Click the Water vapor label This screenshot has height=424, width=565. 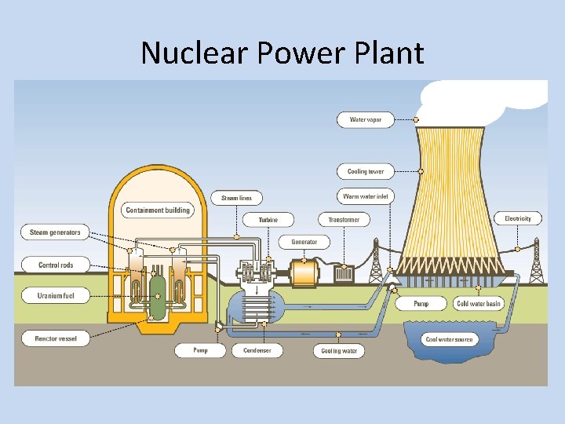[x=365, y=120]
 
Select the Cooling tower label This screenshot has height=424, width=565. [x=366, y=171]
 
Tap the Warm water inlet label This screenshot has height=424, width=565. [x=366, y=196]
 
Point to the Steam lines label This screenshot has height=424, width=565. [x=236, y=199]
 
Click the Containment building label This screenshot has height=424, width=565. [x=157, y=210]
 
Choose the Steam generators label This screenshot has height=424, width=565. [x=55, y=232]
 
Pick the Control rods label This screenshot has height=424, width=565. [x=55, y=265]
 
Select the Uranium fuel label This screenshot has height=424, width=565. [x=55, y=296]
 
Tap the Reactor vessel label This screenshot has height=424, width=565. [x=55, y=339]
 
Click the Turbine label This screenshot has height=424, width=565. [x=268, y=220]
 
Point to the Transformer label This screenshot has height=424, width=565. [x=343, y=220]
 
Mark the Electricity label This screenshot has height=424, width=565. [x=518, y=218]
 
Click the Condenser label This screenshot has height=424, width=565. [x=257, y=351]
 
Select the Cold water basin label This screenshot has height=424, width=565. [x=479, y=304]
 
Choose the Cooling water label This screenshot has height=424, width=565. [x=339, y=351]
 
